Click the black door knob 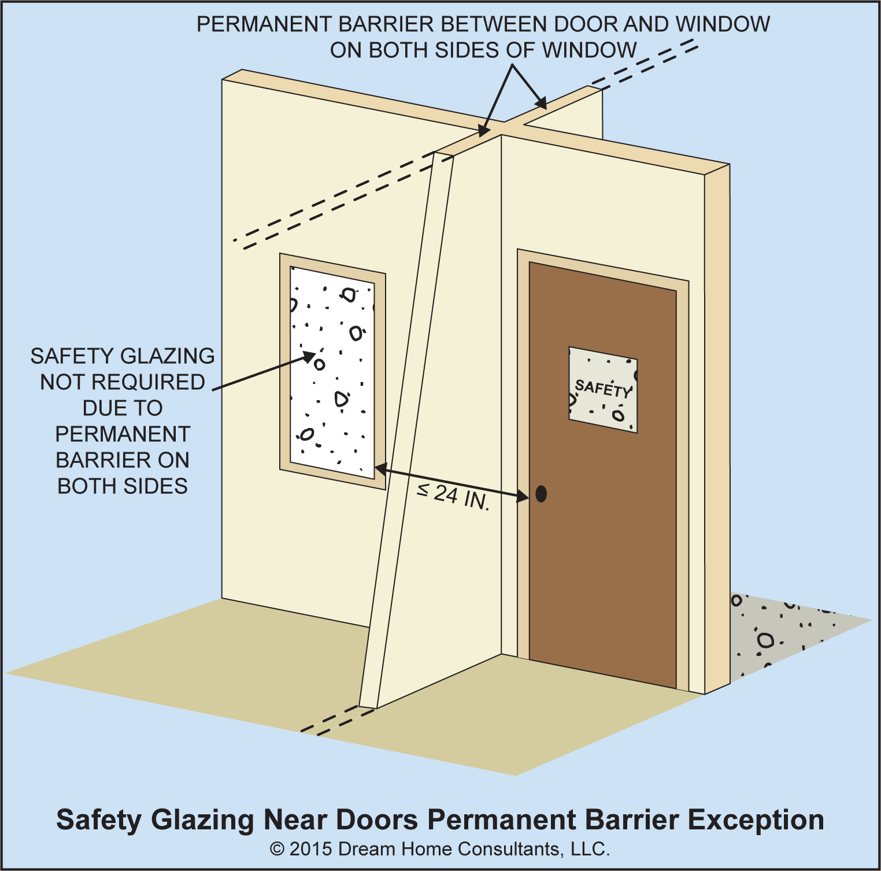pyautogui.click(x=541, y=493)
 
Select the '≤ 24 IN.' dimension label pyautogui.click(x=454, y=496)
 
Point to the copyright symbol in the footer pyautogui.click(x=277, y=849)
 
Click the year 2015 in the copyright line pyautogui.click(x=310, y=849)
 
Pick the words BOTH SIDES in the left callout pyautogui.click(x=123, y=486)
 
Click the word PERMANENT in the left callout pyautogui.click(x=123, y=434)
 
